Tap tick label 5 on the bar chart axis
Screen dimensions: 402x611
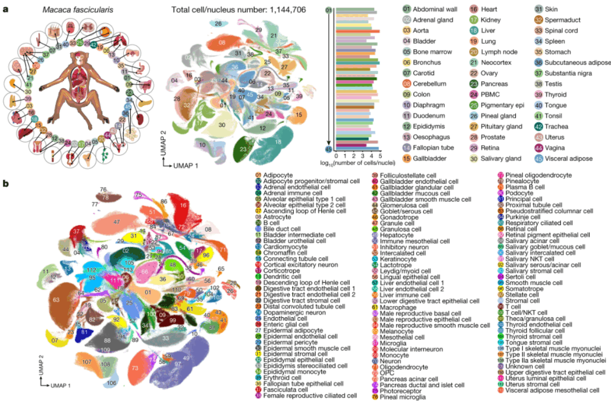[x=380, y=155]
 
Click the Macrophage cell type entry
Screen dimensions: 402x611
[x=394, y=309]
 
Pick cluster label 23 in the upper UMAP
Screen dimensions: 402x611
[x=244, y=149]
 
